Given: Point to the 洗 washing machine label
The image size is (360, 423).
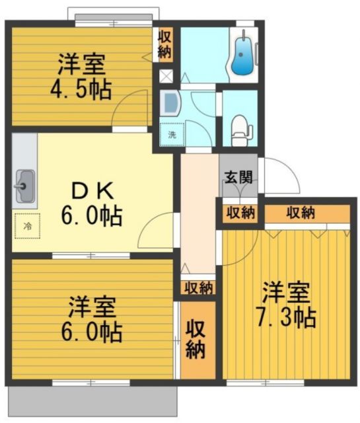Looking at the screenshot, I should click(x=172, y=134).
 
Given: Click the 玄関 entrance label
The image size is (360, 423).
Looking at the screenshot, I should click(x=238, y=176).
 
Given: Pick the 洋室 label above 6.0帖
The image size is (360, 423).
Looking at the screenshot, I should click(x=93, y=308).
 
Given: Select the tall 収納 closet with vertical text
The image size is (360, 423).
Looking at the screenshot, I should click(x=196, y=339).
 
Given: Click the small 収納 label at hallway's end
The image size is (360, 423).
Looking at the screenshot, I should click(x=198, y=288).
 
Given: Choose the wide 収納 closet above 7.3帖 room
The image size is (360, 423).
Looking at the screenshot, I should click(x=301, y=213).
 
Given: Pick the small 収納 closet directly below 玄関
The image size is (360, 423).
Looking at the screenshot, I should click(x=240, y=213).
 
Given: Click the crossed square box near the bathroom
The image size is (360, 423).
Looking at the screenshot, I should click(x=165, y=75).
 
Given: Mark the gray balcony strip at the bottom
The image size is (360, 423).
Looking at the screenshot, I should click(x=92, y=401).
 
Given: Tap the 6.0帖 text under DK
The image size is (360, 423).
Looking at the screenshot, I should click(x=92, y=215).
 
